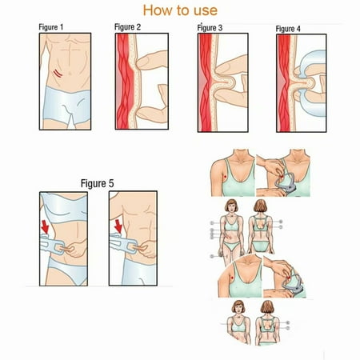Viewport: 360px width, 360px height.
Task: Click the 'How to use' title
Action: pos(180,10)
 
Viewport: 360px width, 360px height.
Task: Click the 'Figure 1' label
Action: pos(51,27)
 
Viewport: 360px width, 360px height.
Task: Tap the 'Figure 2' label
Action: pos(127,27)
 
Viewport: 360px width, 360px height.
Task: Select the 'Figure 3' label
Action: pos(210,28)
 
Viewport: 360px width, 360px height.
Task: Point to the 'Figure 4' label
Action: pos(288,29)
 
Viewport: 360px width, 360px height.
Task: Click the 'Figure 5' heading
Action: pos(98,183)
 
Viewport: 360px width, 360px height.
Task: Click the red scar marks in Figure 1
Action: pos(58,74)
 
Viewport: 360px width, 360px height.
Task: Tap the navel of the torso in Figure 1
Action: pos(70,74)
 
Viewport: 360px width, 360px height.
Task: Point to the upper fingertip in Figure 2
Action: pos(138,63)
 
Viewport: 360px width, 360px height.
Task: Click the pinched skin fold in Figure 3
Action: pos(226,82)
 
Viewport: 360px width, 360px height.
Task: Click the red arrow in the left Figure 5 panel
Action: pos(45,227)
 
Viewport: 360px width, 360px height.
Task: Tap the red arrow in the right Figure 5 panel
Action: pos(118,226)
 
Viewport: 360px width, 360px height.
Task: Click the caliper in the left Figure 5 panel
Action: pos(52,245)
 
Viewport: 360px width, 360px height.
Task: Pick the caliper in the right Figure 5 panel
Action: pos(123,243)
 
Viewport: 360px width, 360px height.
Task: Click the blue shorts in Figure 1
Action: pos(66,106)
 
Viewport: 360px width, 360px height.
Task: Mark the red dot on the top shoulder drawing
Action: pos(226,177)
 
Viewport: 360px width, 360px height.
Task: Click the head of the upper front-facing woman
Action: pos(231,206)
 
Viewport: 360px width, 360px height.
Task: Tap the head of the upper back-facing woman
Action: pos(260,206)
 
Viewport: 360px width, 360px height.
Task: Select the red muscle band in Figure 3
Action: pos(206,82)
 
